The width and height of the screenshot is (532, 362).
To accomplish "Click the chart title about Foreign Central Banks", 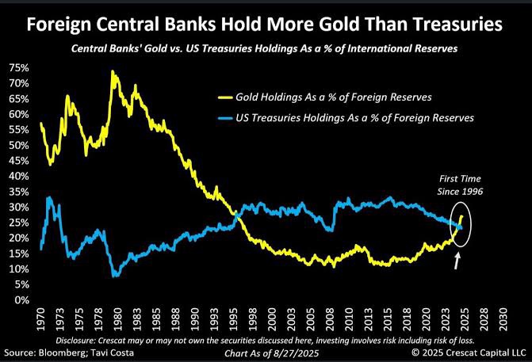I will click(x=266, y=25).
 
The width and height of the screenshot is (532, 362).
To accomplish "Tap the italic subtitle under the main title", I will click(x=266, y=48).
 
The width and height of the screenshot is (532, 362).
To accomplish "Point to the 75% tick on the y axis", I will click(x=20, y=68).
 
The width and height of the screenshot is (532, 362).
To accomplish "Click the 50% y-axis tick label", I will click(x=20, y=146).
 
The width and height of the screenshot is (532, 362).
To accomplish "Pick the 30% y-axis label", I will click(x=20, y=208).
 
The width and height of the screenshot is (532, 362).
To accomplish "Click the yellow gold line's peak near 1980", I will click(x=113, y=72).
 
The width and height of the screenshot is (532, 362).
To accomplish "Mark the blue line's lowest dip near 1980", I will click(x=117, y=275).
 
